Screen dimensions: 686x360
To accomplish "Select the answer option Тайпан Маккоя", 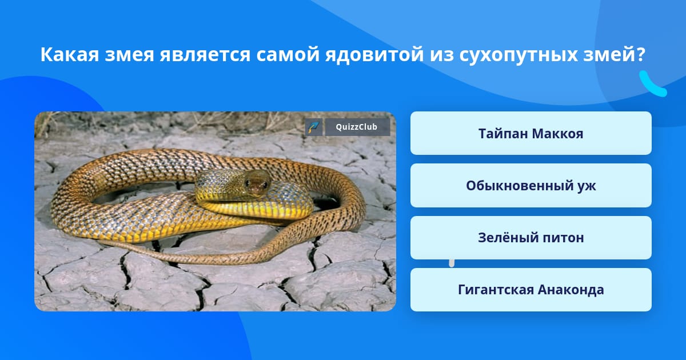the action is [531, 133].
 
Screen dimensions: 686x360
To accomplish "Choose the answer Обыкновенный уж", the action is [531, 186].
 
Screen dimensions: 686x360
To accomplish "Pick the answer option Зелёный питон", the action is [531, 238].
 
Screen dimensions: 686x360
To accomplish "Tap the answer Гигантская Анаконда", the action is [531, 290].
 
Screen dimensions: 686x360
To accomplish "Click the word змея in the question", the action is [129, 55].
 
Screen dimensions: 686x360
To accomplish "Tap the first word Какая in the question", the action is [70, 55].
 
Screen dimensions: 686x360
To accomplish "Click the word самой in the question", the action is [288, 54].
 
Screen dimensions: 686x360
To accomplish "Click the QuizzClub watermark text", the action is [357, 127].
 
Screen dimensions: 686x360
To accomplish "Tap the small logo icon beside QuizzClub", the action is [314, 127].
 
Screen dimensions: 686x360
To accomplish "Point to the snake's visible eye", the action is [247, 183].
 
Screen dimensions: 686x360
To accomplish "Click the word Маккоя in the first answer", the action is [557, 134].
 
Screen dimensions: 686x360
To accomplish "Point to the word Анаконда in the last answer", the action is [571, 290].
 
